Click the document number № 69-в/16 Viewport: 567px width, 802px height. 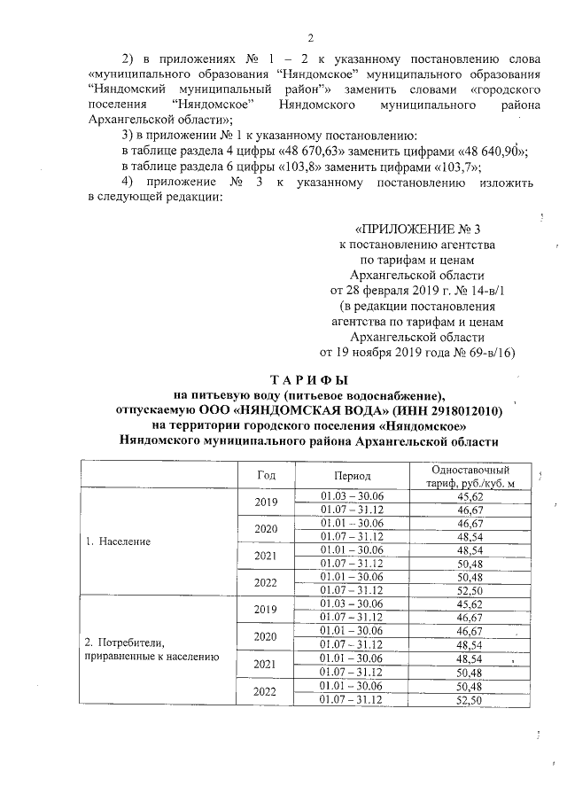coord(472,352)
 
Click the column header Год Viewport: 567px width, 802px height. coord(267,474)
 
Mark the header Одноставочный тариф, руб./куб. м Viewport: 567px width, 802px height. coord(469,474)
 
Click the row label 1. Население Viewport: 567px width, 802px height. coord(118,540)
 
